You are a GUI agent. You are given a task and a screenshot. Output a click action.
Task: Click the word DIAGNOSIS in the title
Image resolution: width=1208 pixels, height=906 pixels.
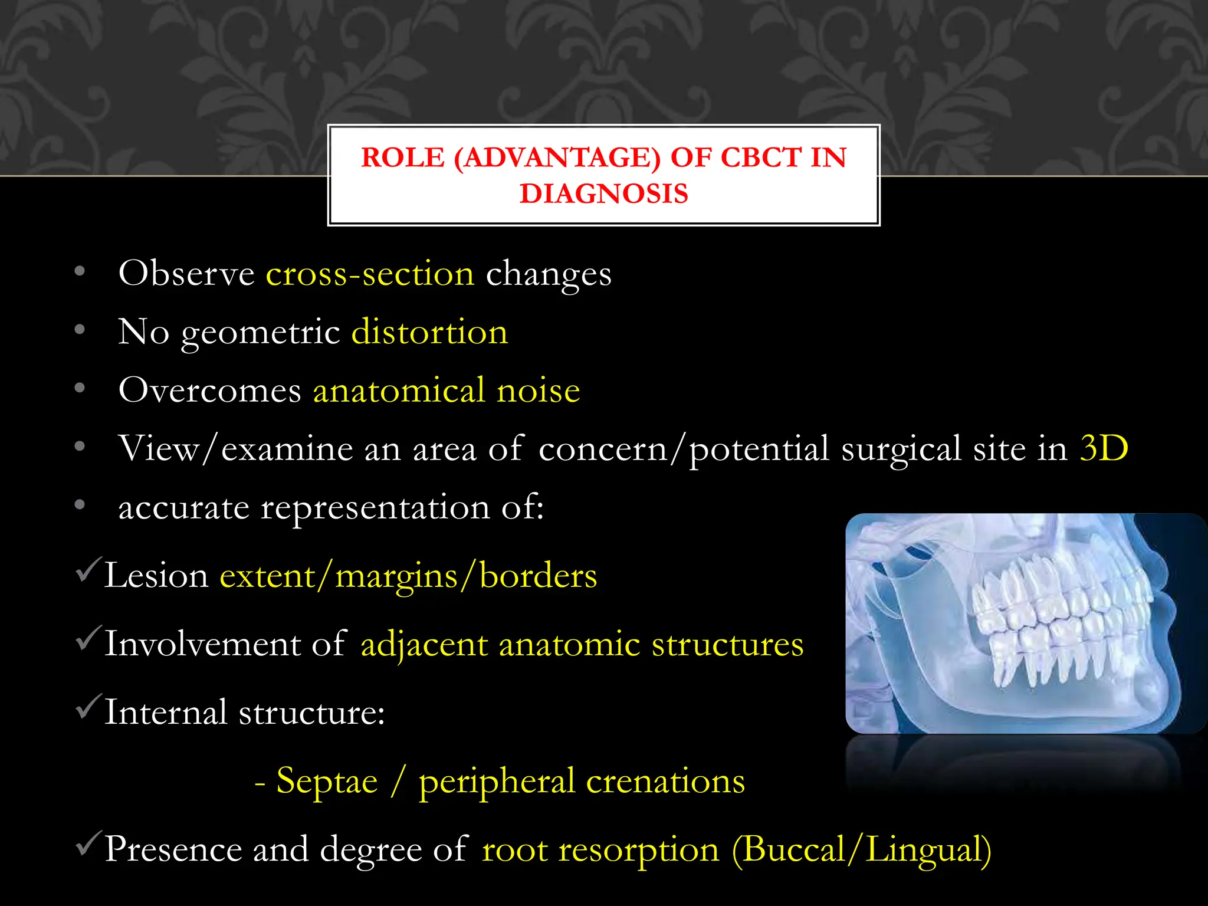(x=603, y=194)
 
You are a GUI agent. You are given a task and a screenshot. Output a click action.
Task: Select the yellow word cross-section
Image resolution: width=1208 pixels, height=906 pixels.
(x=370, y=274)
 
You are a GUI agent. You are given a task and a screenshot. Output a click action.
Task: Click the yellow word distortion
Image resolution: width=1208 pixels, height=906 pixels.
(x=429, y=331)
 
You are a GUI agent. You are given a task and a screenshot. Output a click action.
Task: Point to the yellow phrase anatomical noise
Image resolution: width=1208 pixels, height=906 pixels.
(x=447, y=390)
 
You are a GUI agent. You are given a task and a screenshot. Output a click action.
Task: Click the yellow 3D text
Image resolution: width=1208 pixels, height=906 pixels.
(x=1104, y=448)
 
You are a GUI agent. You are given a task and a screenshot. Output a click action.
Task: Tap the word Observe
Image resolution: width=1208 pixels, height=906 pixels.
(x=186, y=274)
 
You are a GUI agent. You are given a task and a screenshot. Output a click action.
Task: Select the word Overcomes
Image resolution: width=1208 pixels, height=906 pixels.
(x=210, y=390)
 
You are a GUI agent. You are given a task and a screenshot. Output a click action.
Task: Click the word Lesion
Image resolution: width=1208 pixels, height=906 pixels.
(x=156, y=576)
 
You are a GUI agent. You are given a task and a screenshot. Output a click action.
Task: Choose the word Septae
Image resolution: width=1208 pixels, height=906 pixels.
(x=327, y=781)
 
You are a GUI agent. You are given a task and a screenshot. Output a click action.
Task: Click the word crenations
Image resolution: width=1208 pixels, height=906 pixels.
(x=665, y=781)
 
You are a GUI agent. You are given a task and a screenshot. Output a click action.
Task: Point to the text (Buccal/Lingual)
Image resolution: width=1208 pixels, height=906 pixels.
(x=861, y=850)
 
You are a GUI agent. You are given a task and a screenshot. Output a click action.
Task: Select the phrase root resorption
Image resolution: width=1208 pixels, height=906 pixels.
(x=600, y=850)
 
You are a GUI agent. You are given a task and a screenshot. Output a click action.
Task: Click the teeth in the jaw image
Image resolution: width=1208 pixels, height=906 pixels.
(x=1056, y=625)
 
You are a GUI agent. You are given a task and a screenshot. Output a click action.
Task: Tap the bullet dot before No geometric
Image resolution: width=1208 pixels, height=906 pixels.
(x=80, y=330)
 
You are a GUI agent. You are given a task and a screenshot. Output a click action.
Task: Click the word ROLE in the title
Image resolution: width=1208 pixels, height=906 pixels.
(x=402, y=157)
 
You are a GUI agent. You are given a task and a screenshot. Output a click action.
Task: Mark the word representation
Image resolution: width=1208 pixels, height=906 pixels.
(x=375, y=508)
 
